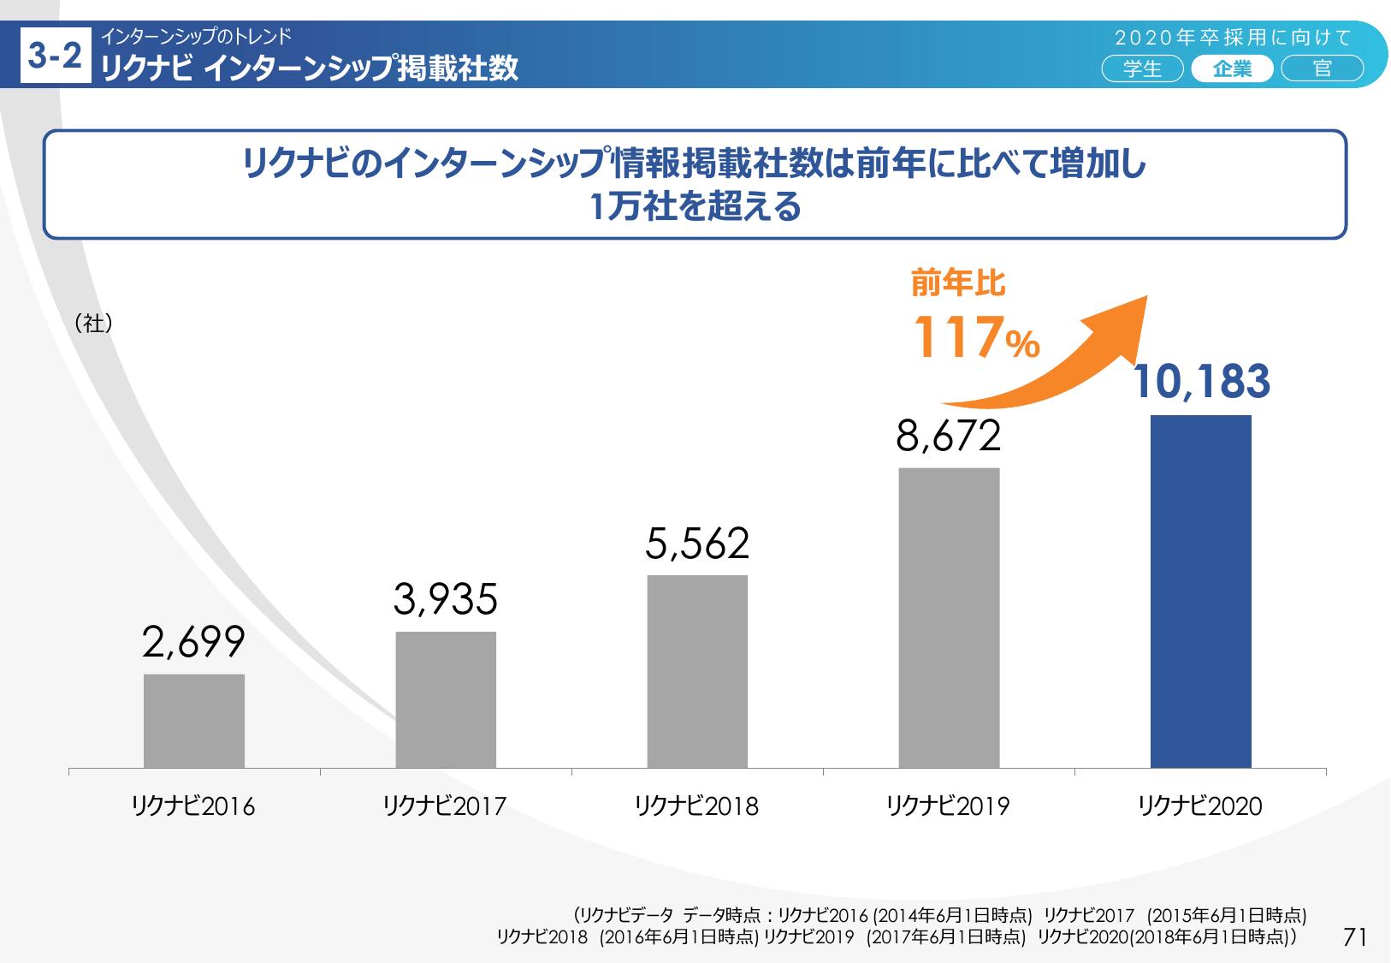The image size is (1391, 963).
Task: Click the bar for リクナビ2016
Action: [194, 721]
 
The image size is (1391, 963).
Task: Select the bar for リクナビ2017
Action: [446, 699]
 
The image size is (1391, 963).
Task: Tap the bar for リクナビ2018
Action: [697, 671]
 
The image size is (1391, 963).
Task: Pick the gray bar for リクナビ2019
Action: [949, 617]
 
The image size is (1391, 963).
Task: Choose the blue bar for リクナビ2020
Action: [1200, 591]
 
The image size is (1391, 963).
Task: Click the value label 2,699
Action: [194, 643]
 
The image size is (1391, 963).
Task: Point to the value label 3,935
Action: [446, 600]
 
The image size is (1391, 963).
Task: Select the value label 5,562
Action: [697, 544]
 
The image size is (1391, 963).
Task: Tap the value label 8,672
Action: [949, 437]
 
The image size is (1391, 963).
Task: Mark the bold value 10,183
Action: [1201, 382]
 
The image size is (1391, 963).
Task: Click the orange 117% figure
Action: [976, 338]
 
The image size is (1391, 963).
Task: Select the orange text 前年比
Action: [958, 283]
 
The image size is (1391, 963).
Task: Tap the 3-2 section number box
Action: [56, 56]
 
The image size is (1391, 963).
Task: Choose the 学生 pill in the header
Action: [1142, 68]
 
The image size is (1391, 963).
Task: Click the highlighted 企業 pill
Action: [1232, 68]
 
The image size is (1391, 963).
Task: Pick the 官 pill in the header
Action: [1322, 68]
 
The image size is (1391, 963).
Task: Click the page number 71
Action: [1355, 937]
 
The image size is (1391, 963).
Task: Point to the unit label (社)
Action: [94, 324]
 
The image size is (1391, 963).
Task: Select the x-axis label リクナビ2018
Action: [697, 806]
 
